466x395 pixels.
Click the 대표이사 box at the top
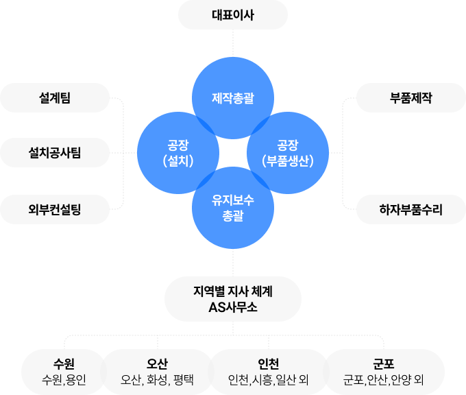tap(233, 14)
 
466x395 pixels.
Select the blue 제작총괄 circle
tap(233, 99)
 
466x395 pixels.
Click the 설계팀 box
tap(55, 98)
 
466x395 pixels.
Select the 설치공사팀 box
tap(55, 152)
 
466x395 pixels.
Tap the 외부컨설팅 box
tap(55, 209)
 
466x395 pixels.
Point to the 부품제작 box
tap(411, 98)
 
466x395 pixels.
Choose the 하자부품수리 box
tap(411, 209)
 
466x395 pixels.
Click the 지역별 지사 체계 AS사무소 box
tap(233, 299)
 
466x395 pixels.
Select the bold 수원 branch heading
tap(64, 363)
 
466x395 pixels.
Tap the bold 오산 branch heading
tap(158, 363)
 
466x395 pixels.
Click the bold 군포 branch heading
tap(384, 363)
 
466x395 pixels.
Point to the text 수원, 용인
tap(64, 379)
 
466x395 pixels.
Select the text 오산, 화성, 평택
tap(158, 379)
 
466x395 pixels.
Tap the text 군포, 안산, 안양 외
tap(384, 379)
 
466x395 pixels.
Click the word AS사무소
tap(233, 307)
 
